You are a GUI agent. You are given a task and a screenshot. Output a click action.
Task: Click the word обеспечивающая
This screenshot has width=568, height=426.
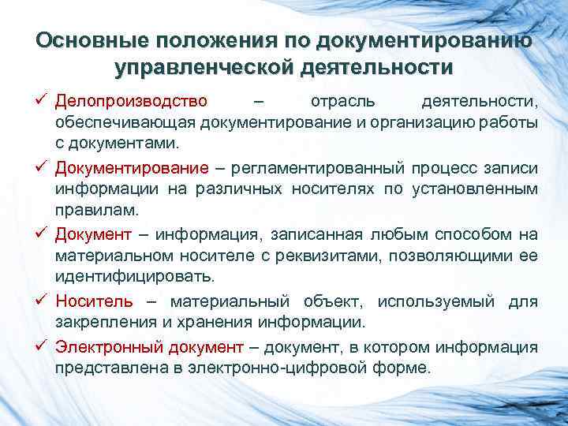coord(125,123)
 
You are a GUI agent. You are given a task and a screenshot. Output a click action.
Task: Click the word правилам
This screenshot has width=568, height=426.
coord(95,211)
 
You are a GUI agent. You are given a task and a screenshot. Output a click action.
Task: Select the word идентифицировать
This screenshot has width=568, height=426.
coord(134,277)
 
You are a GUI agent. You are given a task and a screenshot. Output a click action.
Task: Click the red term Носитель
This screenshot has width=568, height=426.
coord(94,301)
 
